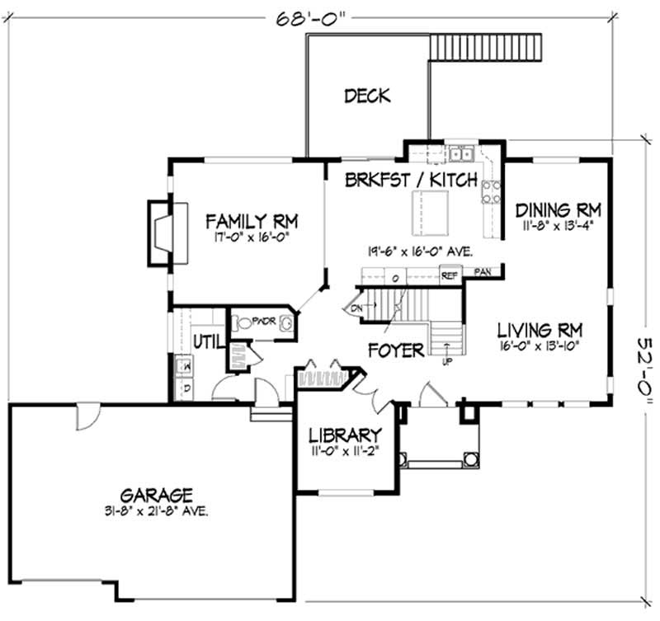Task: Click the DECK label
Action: coord(367,96)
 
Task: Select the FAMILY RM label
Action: coord(251,221)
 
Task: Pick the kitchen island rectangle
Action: coord(430,213)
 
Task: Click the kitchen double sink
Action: coord(460,154)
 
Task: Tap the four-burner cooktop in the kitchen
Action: coord(491,191)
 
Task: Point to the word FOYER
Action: coord(396,350)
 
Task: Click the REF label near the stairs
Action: coord(449,276)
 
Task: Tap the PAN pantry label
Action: coord(483,271)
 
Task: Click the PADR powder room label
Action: coord(262,321)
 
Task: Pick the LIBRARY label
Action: coord(344,435)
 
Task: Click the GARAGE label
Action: coord(157,496)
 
